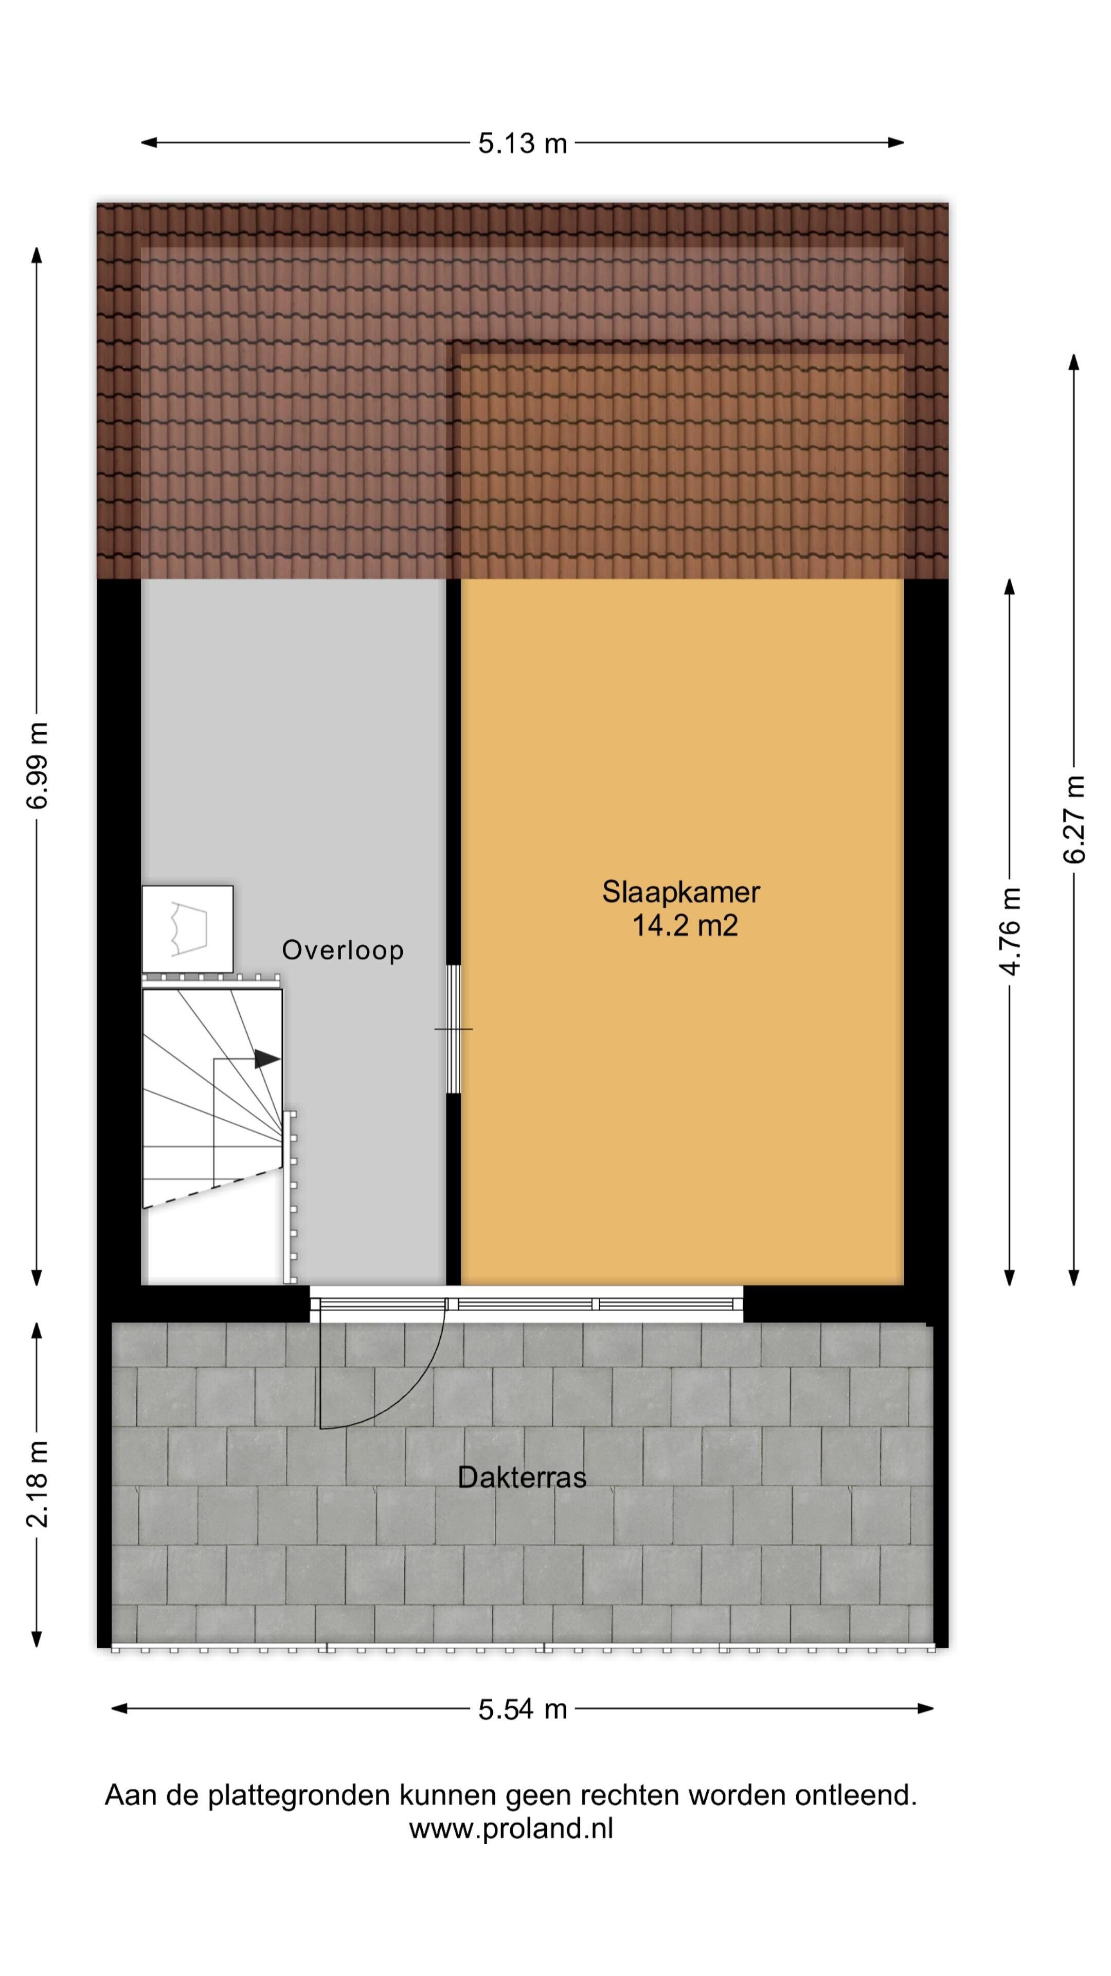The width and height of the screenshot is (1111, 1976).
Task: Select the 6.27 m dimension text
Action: pyautogui.click(x=1074, y=819)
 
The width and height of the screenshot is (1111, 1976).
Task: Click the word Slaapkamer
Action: pyautogui.click(x=681, y=892)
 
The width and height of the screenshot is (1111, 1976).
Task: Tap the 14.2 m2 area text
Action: pyautogui.click(x=685, y=926)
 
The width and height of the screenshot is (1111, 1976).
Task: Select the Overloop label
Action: pyautogui.click(x=343, y=950)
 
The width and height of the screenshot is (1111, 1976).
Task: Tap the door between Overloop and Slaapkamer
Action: pyautogui.click(x=453, y=1029)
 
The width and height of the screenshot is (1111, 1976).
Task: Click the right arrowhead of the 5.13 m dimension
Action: pyautogui.click(x=895, y=142)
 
